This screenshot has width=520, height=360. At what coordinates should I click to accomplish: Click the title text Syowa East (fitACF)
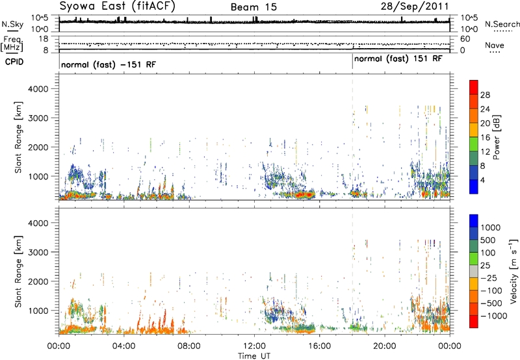(117, 6)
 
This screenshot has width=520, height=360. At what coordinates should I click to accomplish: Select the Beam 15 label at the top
(253, 7)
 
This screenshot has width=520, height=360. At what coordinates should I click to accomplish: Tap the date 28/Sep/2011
(415, 6)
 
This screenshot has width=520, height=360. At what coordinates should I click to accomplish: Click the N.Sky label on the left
(12, 24)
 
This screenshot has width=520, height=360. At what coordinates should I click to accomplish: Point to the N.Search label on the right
(502, 24)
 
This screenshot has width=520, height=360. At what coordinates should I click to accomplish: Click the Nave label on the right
(495, 45)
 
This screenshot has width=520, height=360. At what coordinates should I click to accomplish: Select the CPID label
(14, 62)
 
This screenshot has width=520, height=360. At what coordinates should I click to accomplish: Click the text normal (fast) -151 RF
(109, 64)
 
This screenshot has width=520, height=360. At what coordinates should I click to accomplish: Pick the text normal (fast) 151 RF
(398, 59)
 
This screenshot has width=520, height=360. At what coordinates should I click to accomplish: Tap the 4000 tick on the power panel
(38, 89)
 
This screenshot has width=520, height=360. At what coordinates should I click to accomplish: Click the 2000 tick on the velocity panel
(38, 281)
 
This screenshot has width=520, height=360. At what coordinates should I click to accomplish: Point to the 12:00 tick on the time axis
(254, 346)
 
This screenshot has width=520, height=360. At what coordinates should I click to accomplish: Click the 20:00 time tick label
(385, 346)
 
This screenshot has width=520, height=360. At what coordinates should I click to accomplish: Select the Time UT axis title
(254, 356)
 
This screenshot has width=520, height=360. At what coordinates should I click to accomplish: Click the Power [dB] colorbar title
(496, 137)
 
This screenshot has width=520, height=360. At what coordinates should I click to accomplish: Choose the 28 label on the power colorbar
(485, 95)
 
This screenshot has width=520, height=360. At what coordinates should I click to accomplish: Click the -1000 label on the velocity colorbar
(493, 316)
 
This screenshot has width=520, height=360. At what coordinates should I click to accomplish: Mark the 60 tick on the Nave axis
(465, 39)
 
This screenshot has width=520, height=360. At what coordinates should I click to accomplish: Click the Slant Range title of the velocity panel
(18, 272)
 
